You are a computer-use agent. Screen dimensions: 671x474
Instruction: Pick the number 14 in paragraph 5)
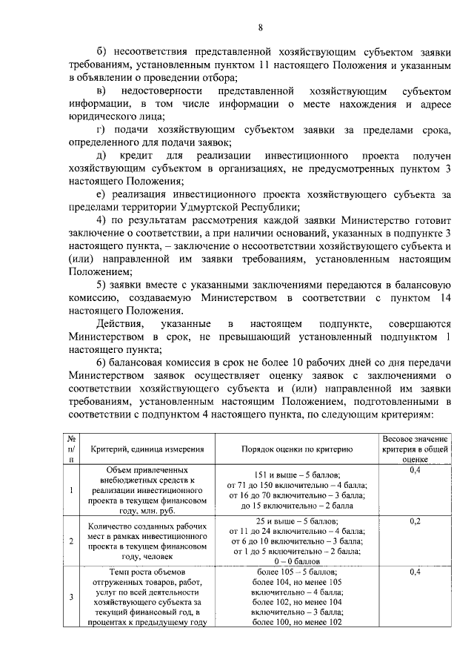click(x=443, y=297)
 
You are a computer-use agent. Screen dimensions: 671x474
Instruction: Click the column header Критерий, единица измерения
click(x=148, y=449)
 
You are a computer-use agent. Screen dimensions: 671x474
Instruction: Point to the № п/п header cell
click(x=72, y=449)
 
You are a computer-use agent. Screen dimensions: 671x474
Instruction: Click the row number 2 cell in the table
click(x=72, y=541)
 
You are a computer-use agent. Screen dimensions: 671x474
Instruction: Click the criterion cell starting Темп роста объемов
click(x=148, y=598)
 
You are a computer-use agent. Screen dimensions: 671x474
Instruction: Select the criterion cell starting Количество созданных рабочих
click(x=148, y=541)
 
